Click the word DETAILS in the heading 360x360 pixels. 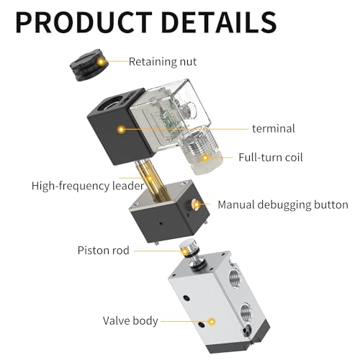(x=219, y=22)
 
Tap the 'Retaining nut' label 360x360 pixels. (x=163, y=62)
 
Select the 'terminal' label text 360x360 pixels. (x=274, y=129)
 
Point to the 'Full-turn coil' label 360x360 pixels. (x=271, y=158)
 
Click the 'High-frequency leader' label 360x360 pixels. (x=88, y=186)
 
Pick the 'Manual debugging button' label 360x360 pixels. (x=283, y=205)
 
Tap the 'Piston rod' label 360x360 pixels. (x=104, y=251)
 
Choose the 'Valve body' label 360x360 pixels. (x=130, y=321)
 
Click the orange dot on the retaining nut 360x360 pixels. (x=101, y=62)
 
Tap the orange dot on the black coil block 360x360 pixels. (x=122, y=130)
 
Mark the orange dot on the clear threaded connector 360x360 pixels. (x=205, y=158)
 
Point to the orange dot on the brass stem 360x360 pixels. (x=150, y=179)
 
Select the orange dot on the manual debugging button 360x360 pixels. (x=197, y=204)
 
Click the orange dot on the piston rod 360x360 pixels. (x=185, y=251)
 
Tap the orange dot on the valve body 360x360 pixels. (x=212, y=322)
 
